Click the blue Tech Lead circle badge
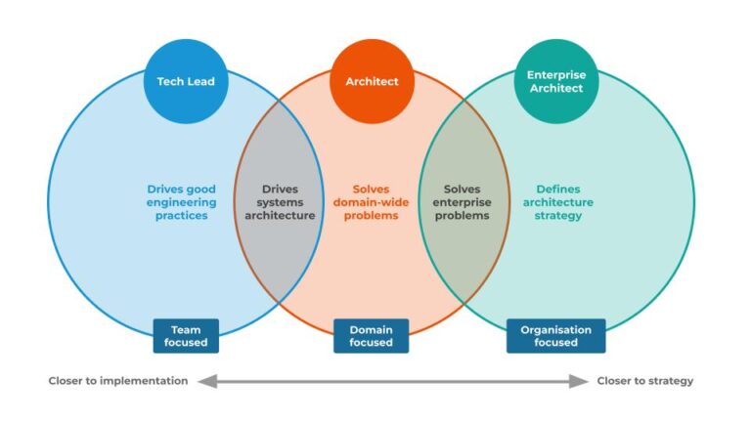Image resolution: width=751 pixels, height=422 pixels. pyautogui.click(x=186, y=81)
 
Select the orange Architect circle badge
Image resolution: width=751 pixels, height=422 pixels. pyautogui.click(x=372, y=81)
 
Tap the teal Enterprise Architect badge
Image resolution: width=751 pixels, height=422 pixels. pyautogui.click(x=555, y=81)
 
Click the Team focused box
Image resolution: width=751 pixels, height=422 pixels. pyautogui.click(x=186, y=336)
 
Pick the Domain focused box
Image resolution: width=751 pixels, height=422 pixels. pyautogui.click(x=372, y=336)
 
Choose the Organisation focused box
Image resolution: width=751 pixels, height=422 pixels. pyautogui.click(x=555, y=336)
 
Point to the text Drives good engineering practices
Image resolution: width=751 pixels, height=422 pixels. pyautogui.click(x=182, y=202)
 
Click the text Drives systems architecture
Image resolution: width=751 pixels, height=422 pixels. pyautogui.click(x=280, y=202)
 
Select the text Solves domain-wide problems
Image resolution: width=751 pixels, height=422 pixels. pyautogui.click(x=372, y=202)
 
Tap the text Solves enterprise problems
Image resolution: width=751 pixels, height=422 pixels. pyautogui.click(x=462, y=202)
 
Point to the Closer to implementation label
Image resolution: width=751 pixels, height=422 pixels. pyautogui.click(x=118, y=381)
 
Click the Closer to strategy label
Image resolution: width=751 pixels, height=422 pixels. pyautogui.click(x=645, y=381)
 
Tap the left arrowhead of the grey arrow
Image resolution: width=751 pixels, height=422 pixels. pyautogui.click(x=203, y=381)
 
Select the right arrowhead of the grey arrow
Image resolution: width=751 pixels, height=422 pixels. pyautogui.click(x=583, y=381)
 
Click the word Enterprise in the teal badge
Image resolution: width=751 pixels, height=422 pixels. pyautogui.click(x=555, y=74)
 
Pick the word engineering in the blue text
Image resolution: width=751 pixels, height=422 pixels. pyautogui.click(x=182, y=202)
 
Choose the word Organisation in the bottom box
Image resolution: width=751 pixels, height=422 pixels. pyautogui.click(x=555, y=330)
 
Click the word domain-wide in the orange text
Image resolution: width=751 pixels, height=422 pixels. pyautogui.click(x=372, y=202)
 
